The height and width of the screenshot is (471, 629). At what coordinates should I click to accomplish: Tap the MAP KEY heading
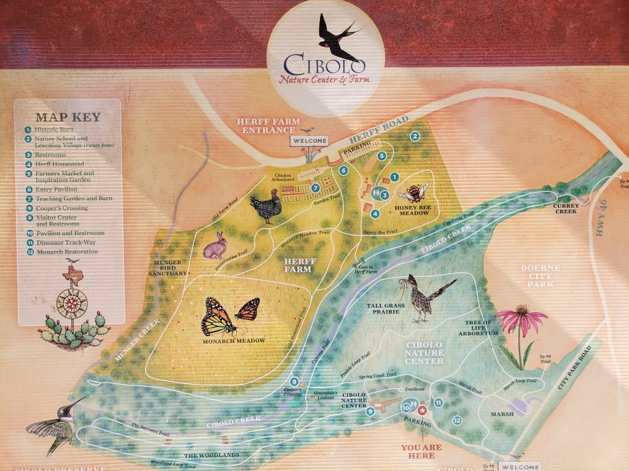pyautogui.click(x=68, y=117)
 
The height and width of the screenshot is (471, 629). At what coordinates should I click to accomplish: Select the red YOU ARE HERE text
pyautogui.click(x=421, y=451)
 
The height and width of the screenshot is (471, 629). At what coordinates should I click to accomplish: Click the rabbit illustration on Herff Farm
pyautogui.click(x=216, y=247)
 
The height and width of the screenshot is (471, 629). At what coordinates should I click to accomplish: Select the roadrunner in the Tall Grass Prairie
pyautogui.click(x=424, y=298)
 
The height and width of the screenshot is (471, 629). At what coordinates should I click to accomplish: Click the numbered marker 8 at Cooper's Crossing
pyautogui.click(x=295, y=381)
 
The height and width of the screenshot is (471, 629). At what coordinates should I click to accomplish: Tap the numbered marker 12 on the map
pyautogui.click(x=457, y=420)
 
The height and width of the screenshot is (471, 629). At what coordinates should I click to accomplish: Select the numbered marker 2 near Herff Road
pyautogui.click(x=415, y=136)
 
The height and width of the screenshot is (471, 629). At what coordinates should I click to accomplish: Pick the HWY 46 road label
pyautogui.click(x=600, y=228)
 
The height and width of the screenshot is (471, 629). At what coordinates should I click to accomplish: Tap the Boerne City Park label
pyautogui.click(x=537, y=276)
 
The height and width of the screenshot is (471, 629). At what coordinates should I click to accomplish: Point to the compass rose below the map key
pyautogui.click(x=71, y=302)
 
